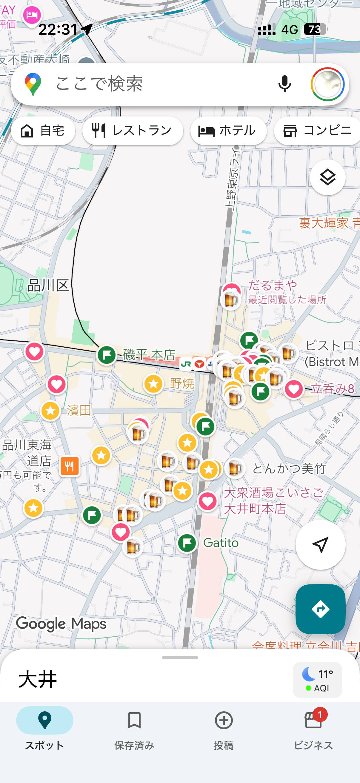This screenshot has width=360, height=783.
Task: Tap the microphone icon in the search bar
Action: (x=284, y=84)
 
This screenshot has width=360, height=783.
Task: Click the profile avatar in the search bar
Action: (x=327, y=84)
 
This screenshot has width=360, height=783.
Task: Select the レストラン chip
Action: (x=133, y=131)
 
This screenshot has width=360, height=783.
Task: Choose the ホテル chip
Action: (x=228, y=131)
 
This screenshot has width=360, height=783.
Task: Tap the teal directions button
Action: (x=320, y=609)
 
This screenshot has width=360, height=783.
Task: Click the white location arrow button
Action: (x=320, y=544)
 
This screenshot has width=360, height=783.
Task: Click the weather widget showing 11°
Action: (x=317, y=680)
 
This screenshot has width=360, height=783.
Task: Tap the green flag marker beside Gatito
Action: (x=187, y=543)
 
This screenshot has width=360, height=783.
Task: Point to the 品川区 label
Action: (x=48, y=285)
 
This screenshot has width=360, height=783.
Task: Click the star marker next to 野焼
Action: (x=153, y=384)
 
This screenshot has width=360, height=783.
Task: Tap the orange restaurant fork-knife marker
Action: (x=70, y=465)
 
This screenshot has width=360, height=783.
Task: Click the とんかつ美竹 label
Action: (x=289, y=469)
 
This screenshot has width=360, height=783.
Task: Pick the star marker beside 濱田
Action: (x=50, y=411)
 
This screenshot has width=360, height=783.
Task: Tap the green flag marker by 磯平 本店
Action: (x=106, y=355)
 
